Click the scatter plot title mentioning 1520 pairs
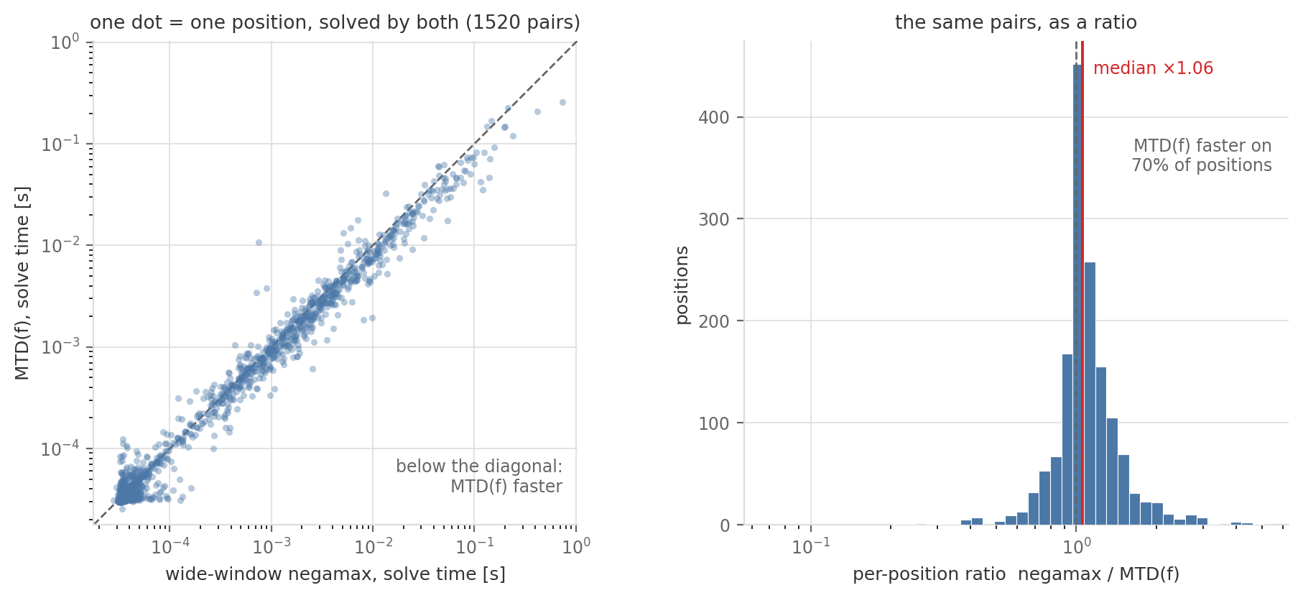pyautogui.click(x=335, y=23)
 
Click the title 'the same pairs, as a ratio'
pyautogui.click(x=1016, y=23)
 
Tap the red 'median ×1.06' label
pyautogui.click(x=1153, y=68)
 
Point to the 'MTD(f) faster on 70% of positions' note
pyautogui.click(x=1202, y=155)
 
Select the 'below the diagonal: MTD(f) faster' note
pyautogui.click(x=479, y=477)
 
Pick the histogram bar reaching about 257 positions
pyautogui.click(x=1090, y=394)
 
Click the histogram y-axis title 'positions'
pyautogui.click(x=682, y=285)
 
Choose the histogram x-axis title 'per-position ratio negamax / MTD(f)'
pyautogui.click(x=1016, y=574)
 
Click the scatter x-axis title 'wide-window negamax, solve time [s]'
pyautogui.click(x=335, y=574)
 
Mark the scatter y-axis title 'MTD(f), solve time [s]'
pyautogui.click(x=22, y=283)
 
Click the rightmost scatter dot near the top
pyautogui.click(x=562, y=102)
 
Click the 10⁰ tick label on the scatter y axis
pyautogui.click(x=65, y=42)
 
